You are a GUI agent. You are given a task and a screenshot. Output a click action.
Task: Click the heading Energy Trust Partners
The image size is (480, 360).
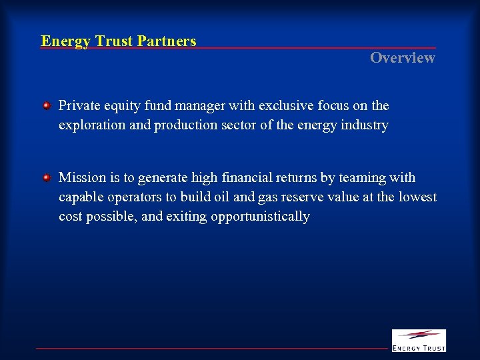119,41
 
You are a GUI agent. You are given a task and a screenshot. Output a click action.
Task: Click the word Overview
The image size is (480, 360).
403,58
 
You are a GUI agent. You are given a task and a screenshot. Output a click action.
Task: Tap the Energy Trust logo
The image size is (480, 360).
419,340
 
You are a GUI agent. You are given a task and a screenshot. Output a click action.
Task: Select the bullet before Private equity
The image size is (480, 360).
47,106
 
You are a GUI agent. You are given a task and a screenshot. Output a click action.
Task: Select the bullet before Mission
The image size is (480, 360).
47,178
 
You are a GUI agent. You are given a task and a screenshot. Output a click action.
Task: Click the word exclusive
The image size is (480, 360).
283,106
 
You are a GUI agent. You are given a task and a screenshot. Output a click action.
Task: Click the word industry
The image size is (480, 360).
365,125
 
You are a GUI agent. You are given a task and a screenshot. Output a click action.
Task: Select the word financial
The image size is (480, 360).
249,178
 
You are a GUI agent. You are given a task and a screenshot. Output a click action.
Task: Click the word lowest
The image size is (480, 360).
417,197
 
